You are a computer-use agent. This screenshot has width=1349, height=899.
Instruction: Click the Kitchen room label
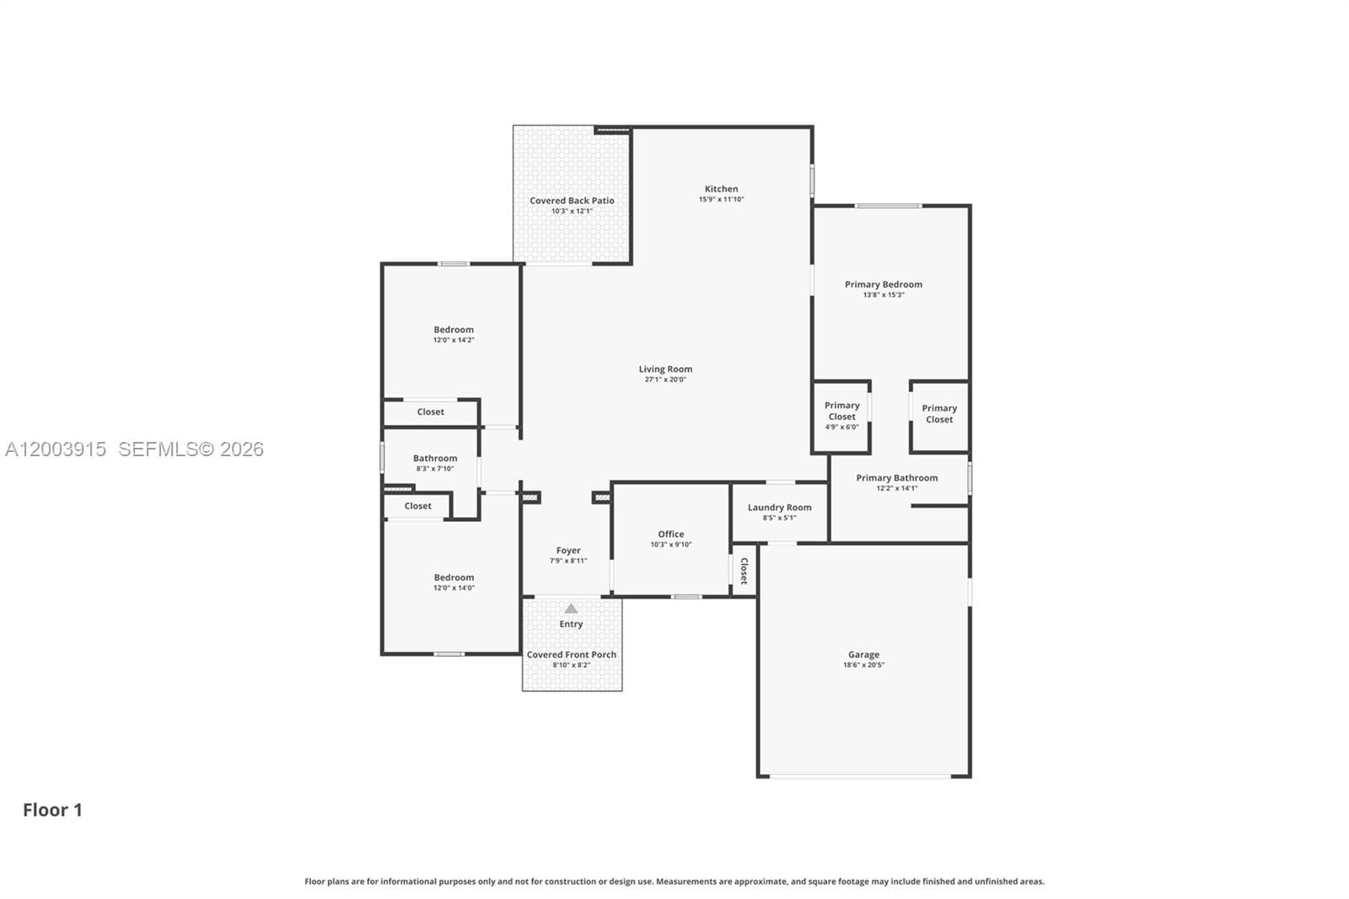pos(721,189)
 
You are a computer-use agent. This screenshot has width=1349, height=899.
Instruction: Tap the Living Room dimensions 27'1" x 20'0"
pos(665,380)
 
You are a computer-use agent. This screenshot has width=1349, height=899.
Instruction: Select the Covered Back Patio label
pos(572,201)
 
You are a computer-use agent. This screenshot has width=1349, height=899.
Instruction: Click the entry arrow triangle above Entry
pos(571,609)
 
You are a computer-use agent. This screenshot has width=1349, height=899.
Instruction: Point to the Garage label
pos(863,654)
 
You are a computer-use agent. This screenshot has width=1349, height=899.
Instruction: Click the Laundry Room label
pos(779,508)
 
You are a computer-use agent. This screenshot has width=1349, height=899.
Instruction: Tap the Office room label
pos(670,534)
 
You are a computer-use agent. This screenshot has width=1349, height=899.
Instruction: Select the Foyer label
pos(568,551)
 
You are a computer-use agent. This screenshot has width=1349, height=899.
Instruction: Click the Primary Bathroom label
pos(896,477)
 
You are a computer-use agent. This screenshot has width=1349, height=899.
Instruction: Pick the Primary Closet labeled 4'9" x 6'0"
pos(841,411)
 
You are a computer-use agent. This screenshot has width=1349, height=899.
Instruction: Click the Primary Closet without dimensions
pos(938,413)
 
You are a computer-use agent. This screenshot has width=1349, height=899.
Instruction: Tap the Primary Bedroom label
pos(883,284)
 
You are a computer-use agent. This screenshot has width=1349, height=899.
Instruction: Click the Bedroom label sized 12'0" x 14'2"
pos(454,330)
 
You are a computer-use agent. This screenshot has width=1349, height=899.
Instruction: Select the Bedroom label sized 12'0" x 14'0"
pos(454,578)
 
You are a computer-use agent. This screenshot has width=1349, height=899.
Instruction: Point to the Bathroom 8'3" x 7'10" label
pos(435,458)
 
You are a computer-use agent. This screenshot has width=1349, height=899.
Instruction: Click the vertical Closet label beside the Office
pos(744,570)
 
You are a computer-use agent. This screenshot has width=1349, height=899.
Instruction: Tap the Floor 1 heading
pos(52,810)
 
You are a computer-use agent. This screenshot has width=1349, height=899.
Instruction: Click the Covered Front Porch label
pos(571,654)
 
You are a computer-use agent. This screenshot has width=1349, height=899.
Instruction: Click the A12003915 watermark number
pos(56,449)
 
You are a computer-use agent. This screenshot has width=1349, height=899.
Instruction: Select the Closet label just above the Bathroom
pos(430,412)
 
